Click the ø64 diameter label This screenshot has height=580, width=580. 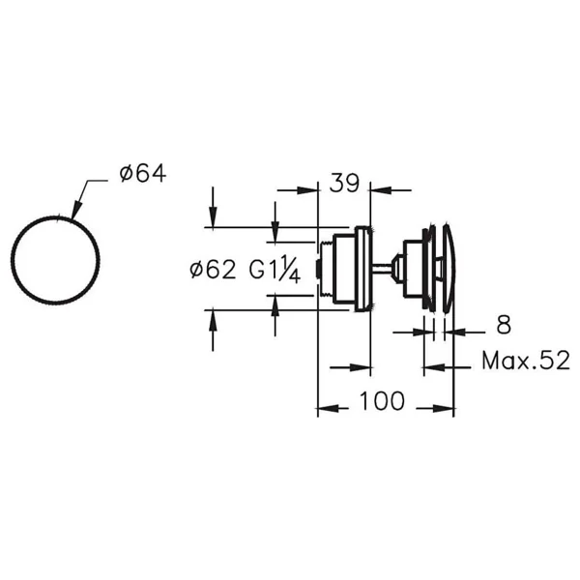point(143,174)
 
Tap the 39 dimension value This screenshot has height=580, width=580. point(344,183)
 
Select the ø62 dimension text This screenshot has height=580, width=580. point(213,270)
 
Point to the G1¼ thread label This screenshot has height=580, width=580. point(275,270)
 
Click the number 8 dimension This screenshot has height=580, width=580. point(504,325)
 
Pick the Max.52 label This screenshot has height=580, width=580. point(526,361)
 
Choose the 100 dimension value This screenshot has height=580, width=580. point(382,401)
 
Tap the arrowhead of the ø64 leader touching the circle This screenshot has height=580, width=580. point(75,211)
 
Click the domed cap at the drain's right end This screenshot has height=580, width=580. point(449,269)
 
